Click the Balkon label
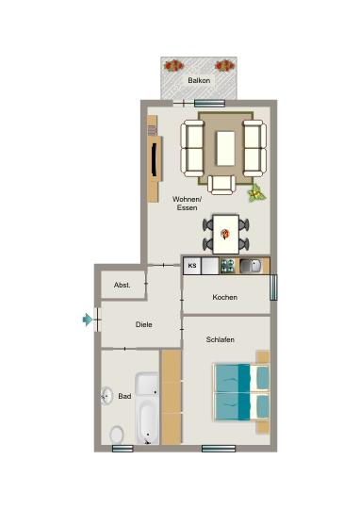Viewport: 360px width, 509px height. (199, 81)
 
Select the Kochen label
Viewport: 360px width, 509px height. (224, 298)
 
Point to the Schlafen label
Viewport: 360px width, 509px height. (221, 339)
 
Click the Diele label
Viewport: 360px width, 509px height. (144, 324)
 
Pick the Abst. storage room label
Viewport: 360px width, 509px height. (123, 285)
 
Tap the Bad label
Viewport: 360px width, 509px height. (124, 397)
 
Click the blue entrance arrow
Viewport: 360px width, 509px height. (88, 320)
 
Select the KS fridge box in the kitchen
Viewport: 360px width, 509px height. (191, 266)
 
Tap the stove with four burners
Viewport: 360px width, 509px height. (227, 266)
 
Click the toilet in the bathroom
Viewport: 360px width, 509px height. (117, 435)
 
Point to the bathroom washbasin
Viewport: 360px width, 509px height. (106, 397)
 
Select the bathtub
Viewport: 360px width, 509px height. (147, 408)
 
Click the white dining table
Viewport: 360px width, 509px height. (226, 230)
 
